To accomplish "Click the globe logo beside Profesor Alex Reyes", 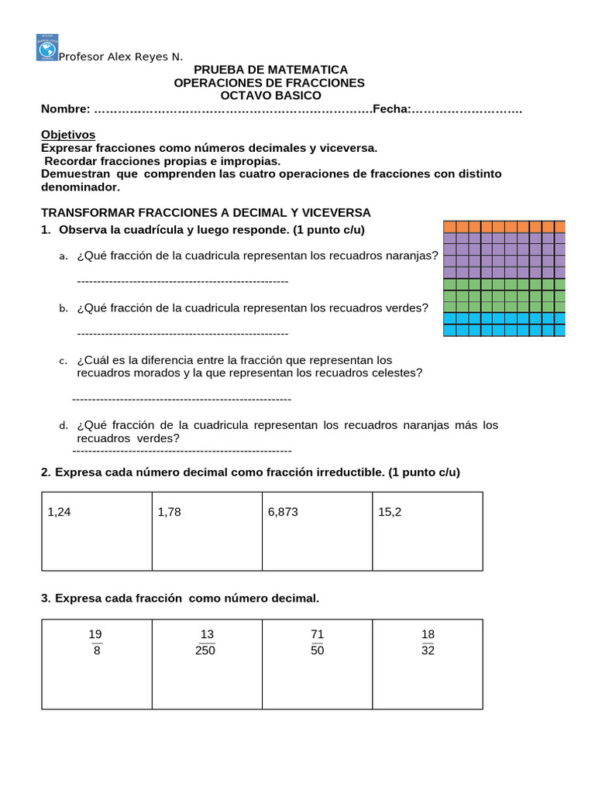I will pyautogui.click(x=47, y=48).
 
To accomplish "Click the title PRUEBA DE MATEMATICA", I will pyautogui.click(x=270, y=70).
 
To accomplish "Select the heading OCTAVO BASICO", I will pyautogui.click(x=270, y=95).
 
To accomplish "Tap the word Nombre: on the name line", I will pyautogui.click(x=65, y=109).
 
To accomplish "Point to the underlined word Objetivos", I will pyautogui.click(x=68, y=134).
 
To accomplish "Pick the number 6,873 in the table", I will pyautogui.click(x=283, y=512).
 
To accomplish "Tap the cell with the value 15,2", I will pyautogui.click(x=390, y=512).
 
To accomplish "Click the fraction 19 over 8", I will pyautogui.click(x=96, y=643).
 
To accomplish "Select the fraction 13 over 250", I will pyautogui.click(x=206, y=643).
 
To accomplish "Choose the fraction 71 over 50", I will pyautogui.click(x=317, y=643).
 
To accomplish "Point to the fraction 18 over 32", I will pyautogui.click(x=428, y=643).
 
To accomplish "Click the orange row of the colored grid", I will pyautogui.click(x=504, y=227).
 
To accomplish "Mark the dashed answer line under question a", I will pyautogui.click(x=183, y=280).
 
